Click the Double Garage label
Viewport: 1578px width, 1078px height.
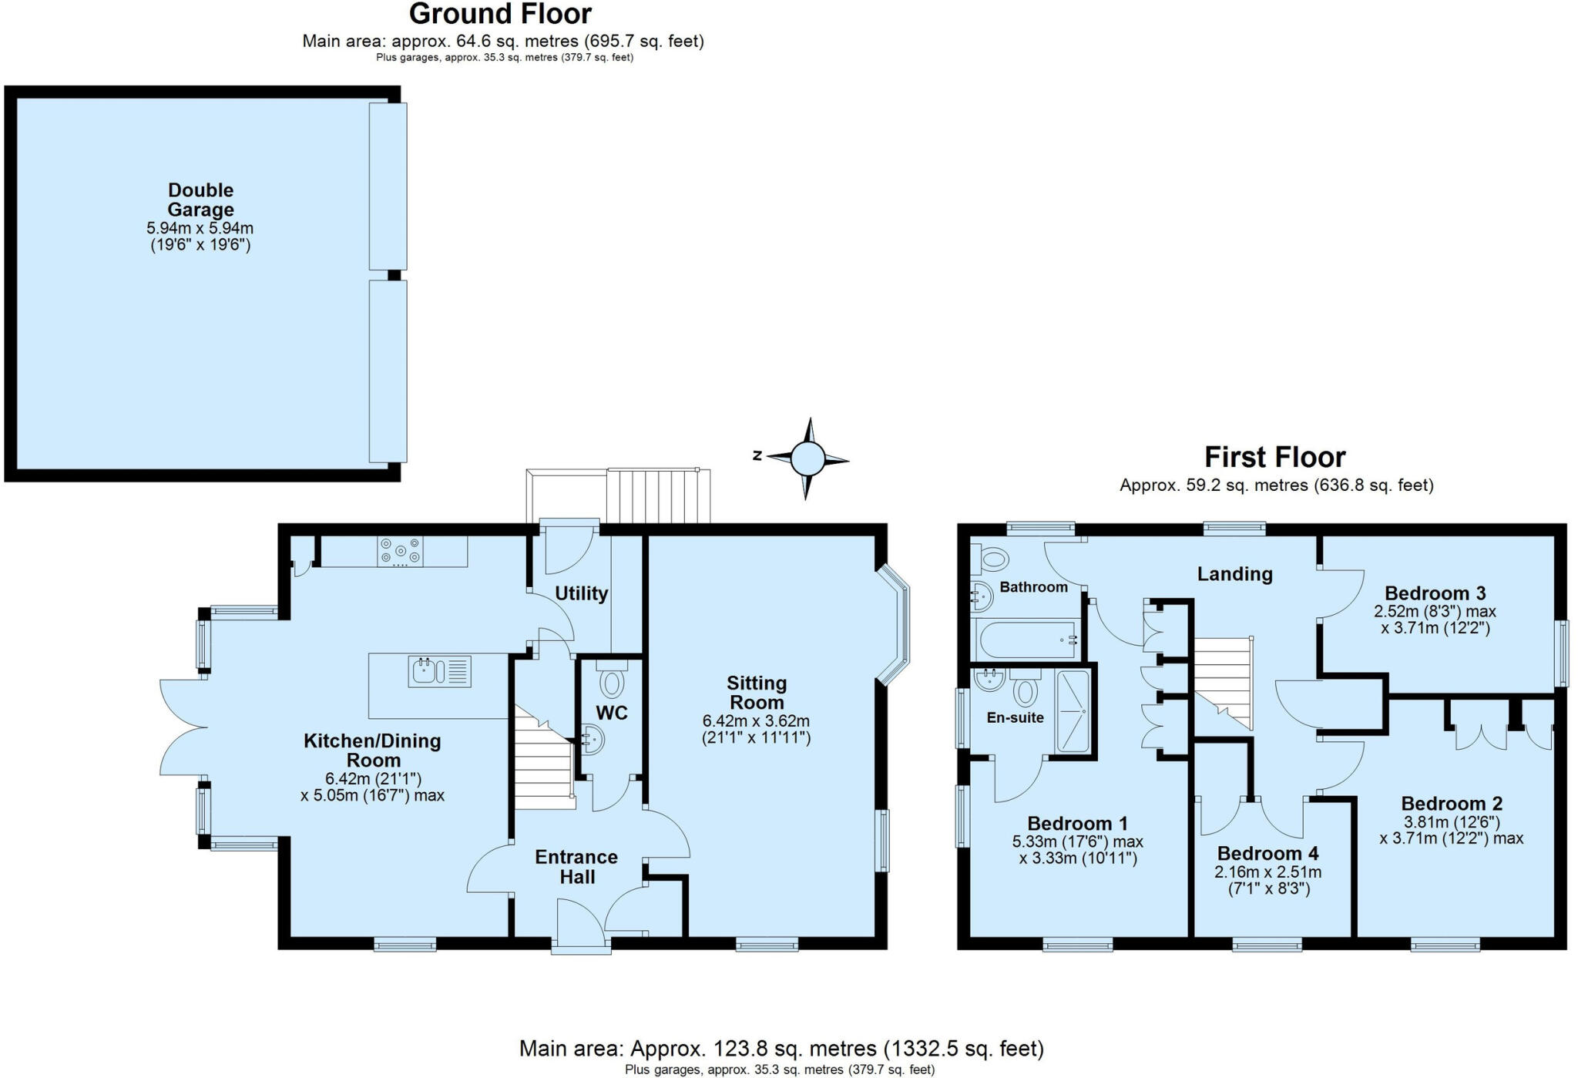200,200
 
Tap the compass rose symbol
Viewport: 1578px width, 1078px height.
807,459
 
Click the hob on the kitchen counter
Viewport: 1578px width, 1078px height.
400,552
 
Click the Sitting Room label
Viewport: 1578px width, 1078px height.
756,692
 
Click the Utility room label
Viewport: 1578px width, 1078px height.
581,593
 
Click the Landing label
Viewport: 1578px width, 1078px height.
1234,573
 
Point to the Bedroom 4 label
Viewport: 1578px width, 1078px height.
1267,853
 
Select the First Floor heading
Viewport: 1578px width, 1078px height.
1274,457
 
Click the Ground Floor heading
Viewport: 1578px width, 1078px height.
500,14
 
